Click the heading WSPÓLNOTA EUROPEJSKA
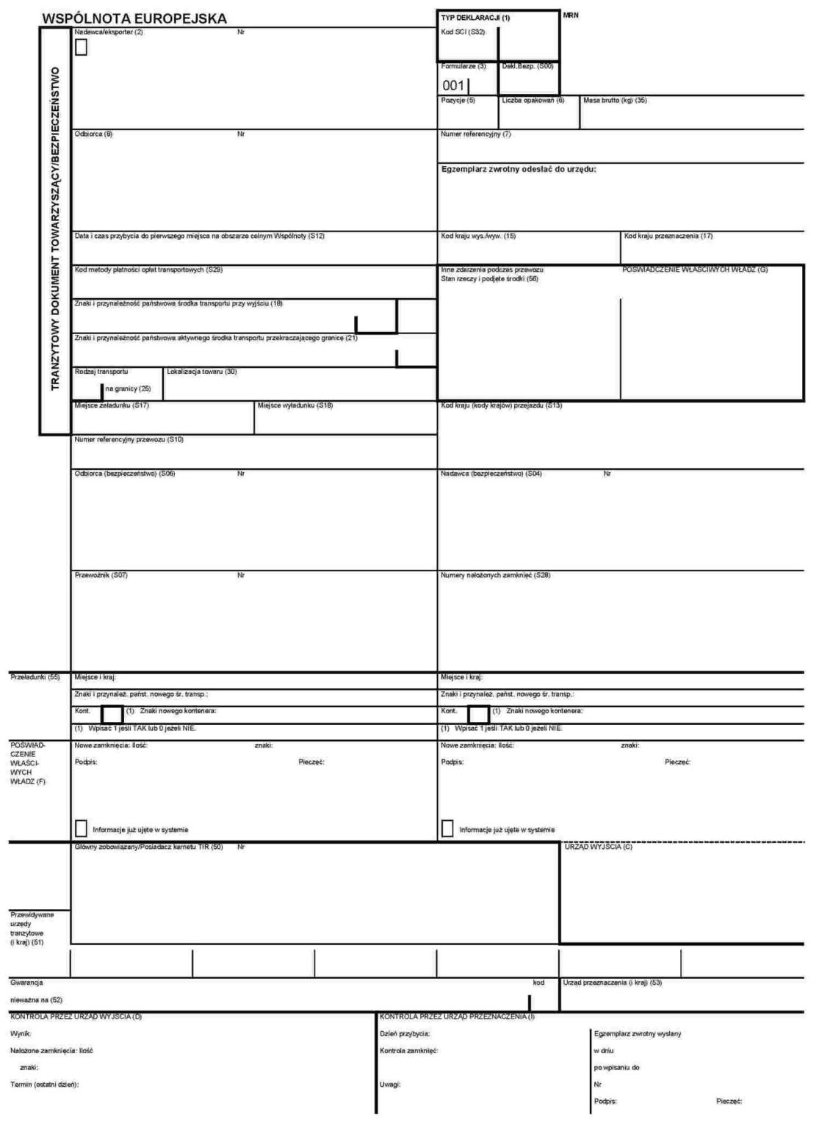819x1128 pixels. pyautogui.click(x=134, y=19)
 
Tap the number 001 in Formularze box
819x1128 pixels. pyautogui.click(x=453, y=86)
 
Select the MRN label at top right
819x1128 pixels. pyautogui.click(x=571, y=15)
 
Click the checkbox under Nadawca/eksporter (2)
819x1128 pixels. pyautogui.click(x=81, y=48)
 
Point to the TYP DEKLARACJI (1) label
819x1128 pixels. pyautogui.click(x=475, y=18)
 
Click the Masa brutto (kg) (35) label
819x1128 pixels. pyautogui.click(x=615, y=101)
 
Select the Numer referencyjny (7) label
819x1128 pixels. pyautogui.click(x=475, y=134)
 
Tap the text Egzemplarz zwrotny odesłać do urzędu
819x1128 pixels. pyautogui.click(x=519, y=169)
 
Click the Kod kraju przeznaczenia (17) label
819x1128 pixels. pyautogui.click(x=668, y=236)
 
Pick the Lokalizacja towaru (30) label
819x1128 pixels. pyautogui.click(x=202, y=372)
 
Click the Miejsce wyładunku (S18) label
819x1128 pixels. pyautogui.click(x=295, y=405)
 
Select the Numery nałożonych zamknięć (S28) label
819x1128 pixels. pyautogui.click(x=495, y=575)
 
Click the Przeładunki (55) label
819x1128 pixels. pyautogui.click(x=35, y=677)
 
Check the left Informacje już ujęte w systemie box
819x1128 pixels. pyautogui.click(x=81, y=828)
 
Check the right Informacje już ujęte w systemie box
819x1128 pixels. pyautogui.click(x=447, y=828)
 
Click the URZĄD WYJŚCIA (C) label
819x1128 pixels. pyautogui.click(x=598, y=847)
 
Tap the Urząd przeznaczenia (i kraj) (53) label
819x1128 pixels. pyautogui.click(x=613, y=983)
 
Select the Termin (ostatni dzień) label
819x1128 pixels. pyautogui.click(x=45, y=1085)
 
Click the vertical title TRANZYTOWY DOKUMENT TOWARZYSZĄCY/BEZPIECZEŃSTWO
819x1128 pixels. pyautogui.click(x=55, y=229)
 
